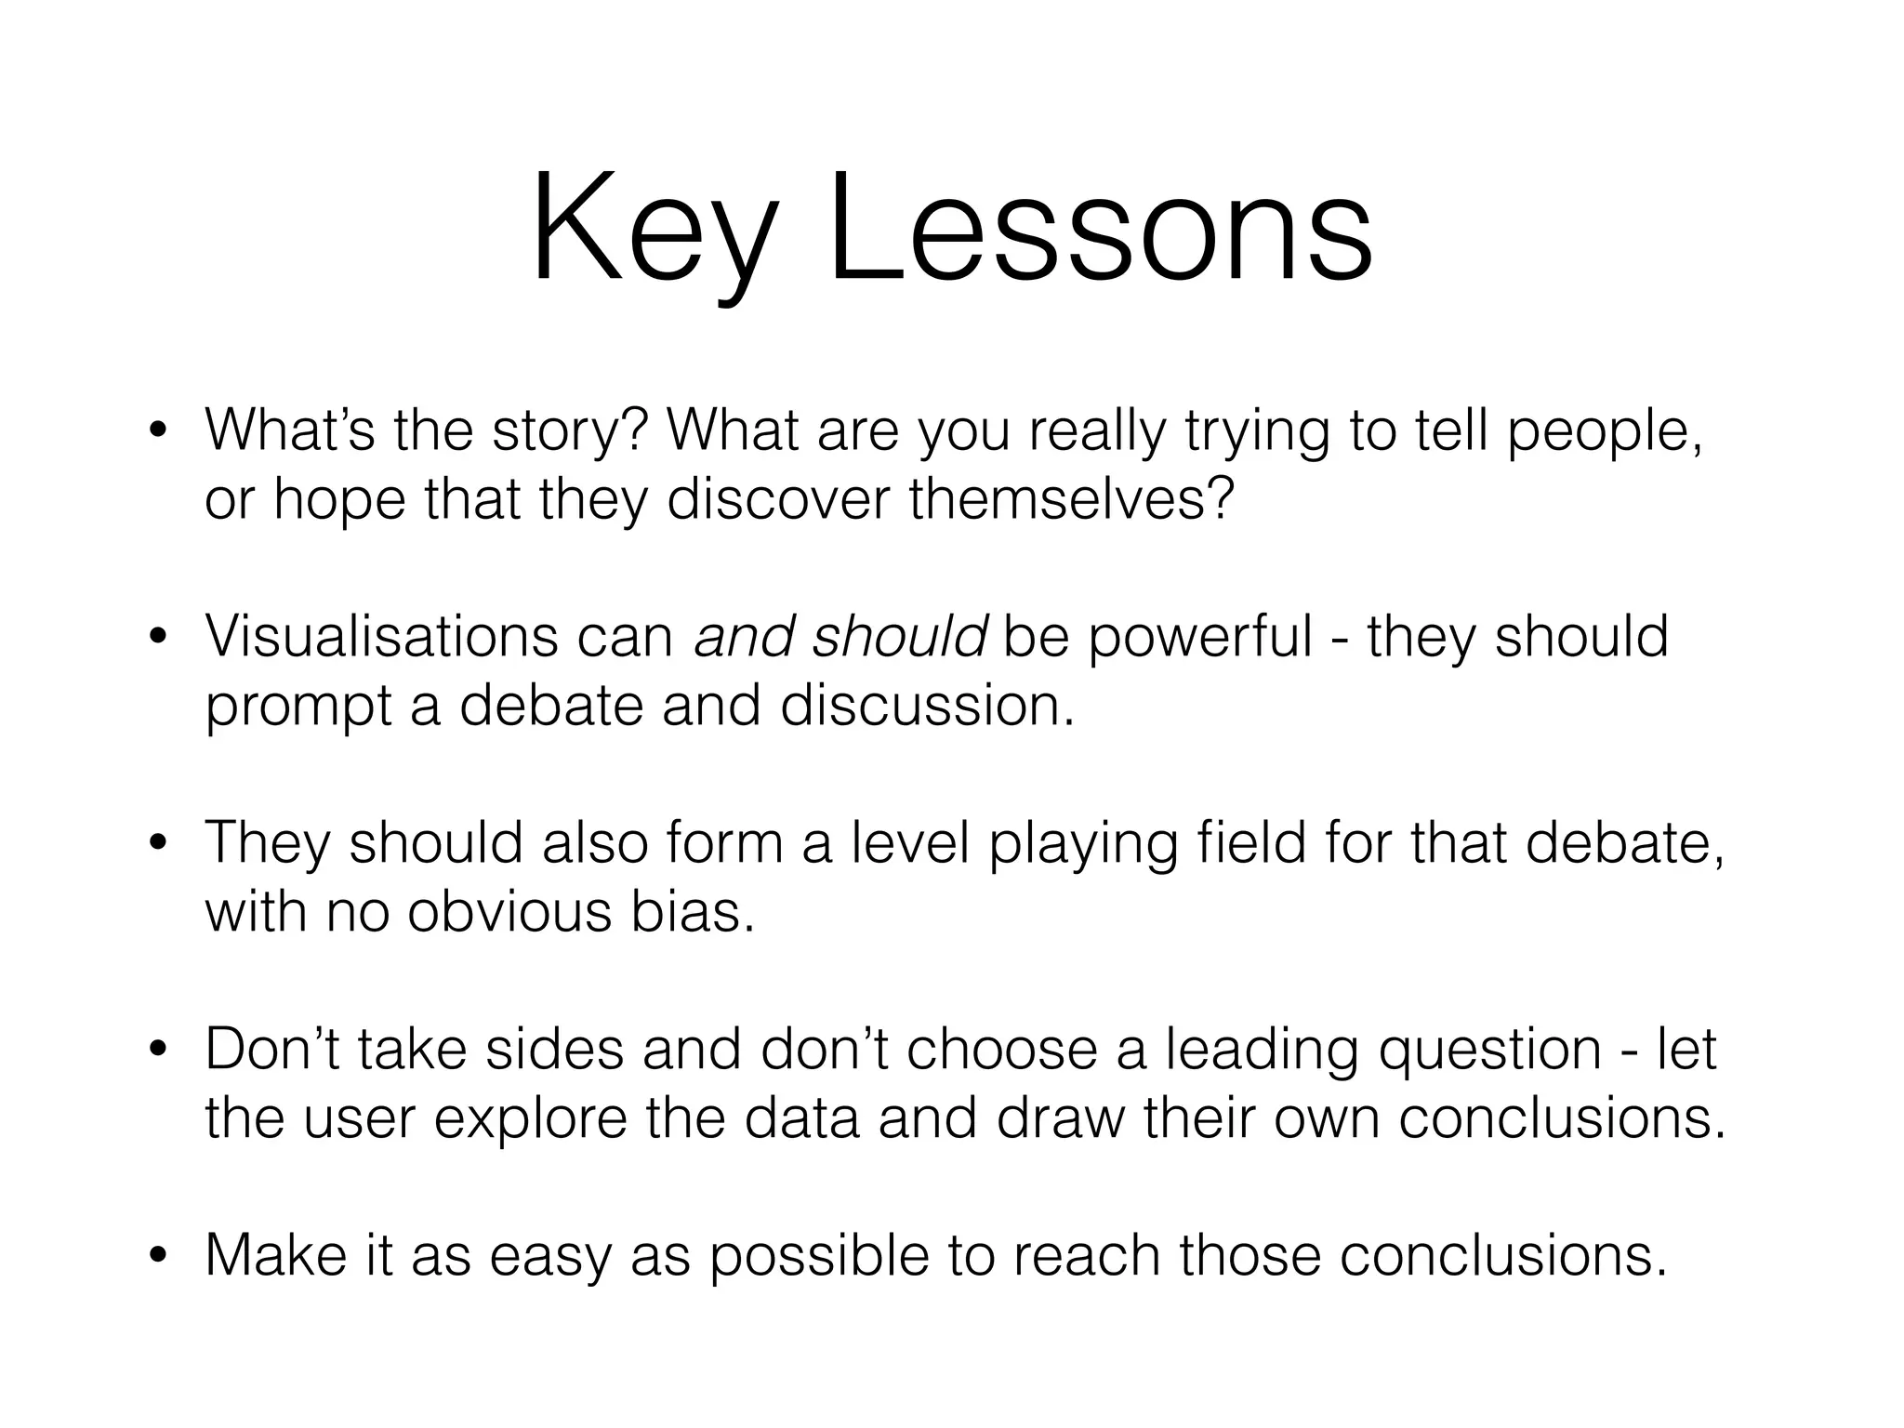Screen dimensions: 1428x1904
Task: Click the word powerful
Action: click(1199, 640)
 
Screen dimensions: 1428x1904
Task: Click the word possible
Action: click(819, 1258)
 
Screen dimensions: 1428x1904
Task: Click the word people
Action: click(1606, 433)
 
